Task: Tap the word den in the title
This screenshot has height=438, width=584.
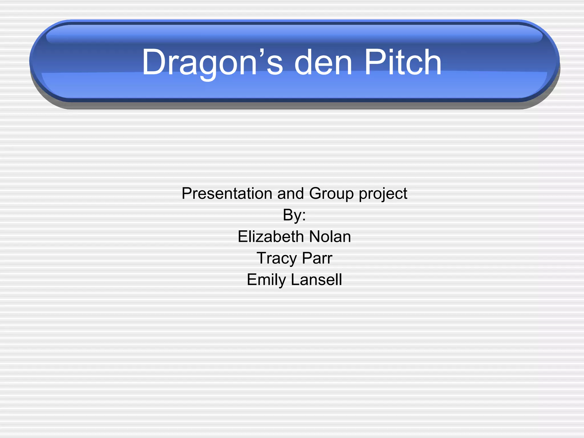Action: (x=323, y=62)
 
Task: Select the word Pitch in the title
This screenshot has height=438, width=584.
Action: (x=403, y=62)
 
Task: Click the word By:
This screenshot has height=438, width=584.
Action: (x=294, y=215)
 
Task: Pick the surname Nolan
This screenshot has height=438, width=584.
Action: (x=330, y=237)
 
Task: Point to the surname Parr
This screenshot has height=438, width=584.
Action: (x=317, y=258)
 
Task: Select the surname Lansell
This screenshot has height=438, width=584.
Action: (x=316, y=279)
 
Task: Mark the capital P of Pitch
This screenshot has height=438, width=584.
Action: (x=373, y=62)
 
